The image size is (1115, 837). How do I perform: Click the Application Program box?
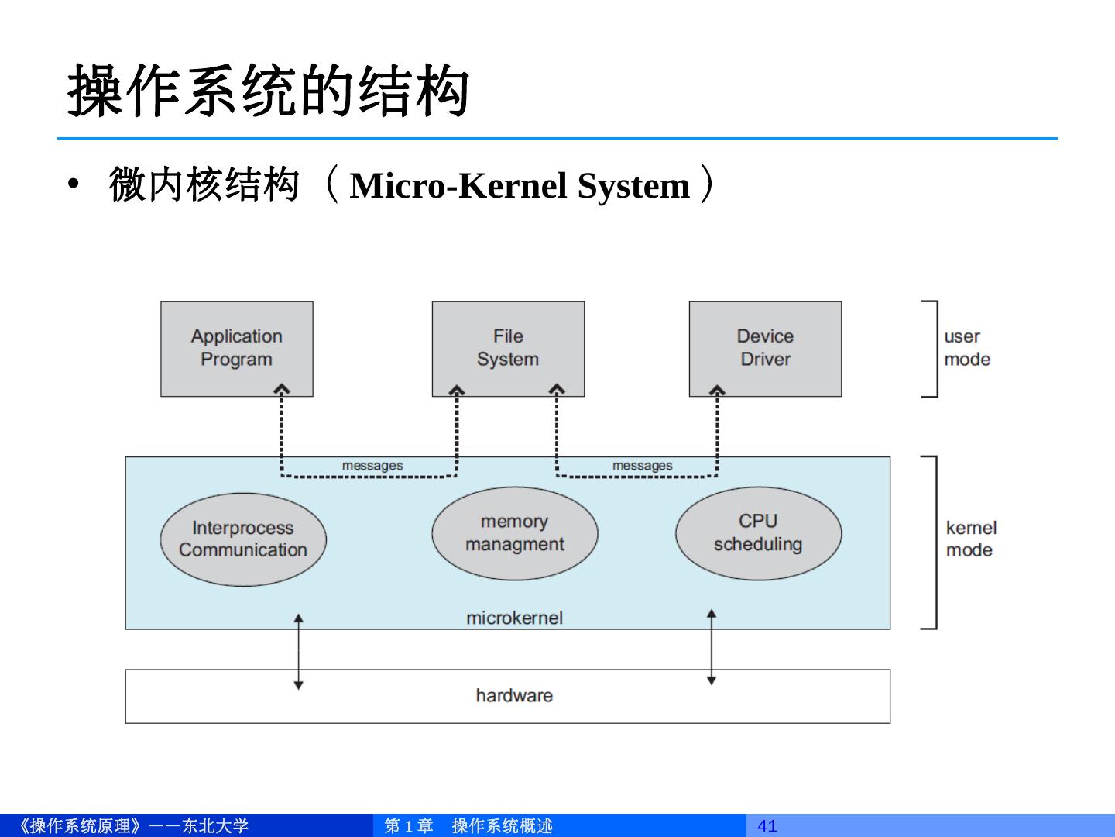(237, 349)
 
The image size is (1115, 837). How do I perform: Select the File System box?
(508, 349)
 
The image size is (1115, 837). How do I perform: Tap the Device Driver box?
(765, 349)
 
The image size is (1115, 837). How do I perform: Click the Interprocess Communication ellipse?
(243, 539)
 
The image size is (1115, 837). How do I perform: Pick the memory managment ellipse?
(515, 533)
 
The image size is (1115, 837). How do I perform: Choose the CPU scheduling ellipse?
(758, 533)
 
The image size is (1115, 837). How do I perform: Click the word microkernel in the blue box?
(515, 618)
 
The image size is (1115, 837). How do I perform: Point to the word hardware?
(514, 695)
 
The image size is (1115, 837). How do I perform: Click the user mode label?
(967, 348)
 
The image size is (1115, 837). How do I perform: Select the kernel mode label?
(971, 539)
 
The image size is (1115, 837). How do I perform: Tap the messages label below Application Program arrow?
(372, 466)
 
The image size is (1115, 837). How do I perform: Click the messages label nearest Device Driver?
(642, 466)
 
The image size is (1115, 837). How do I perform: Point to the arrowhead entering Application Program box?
(281, 389)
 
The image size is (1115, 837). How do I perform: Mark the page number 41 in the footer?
(767, 826)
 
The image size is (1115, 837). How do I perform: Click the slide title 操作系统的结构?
(268, 91)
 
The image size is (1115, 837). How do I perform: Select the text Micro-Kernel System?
(520, 185)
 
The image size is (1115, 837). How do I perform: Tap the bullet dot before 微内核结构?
(73, 184)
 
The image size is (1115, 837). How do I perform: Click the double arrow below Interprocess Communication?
(299, 652)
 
